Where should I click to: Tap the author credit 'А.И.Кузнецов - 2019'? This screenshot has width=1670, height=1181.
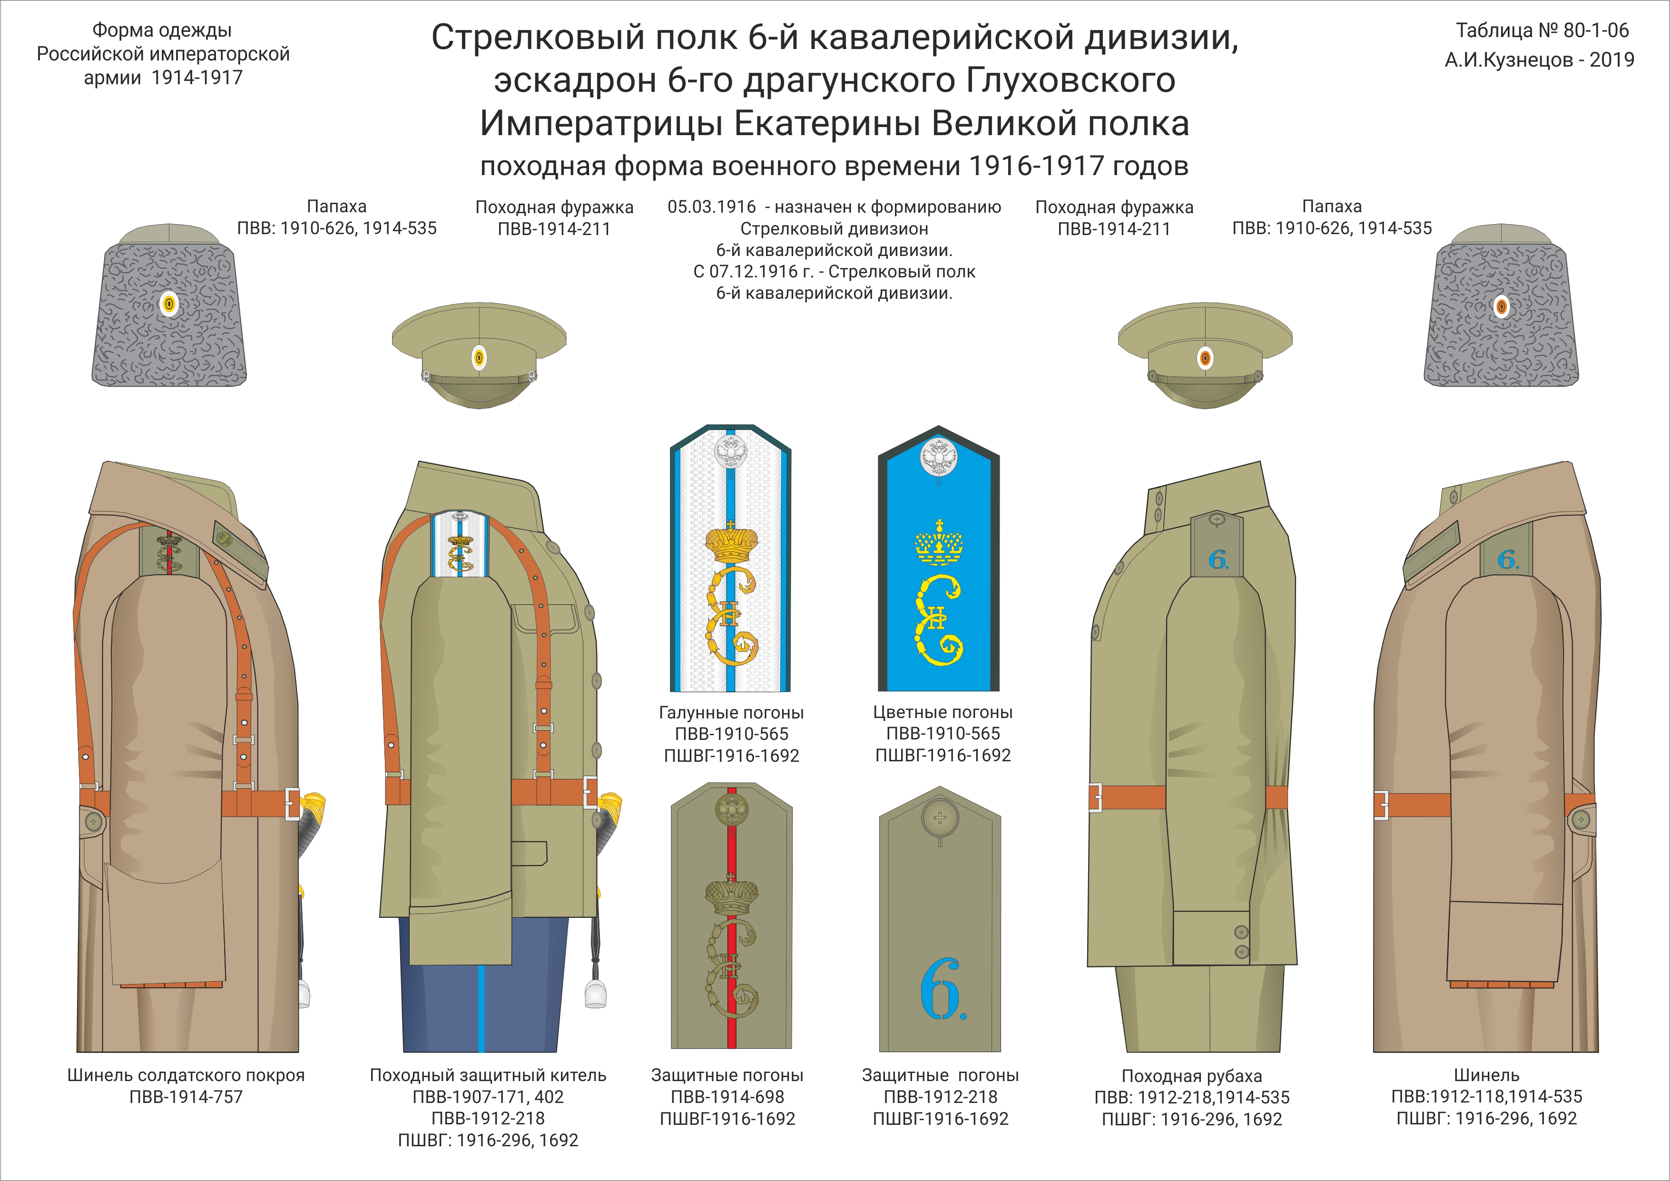(1539, 59)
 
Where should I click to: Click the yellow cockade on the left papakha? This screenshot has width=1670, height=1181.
(169, 305)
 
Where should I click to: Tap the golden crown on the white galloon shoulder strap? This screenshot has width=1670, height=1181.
(731, 542)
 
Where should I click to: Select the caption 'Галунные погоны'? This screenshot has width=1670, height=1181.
(731, 713)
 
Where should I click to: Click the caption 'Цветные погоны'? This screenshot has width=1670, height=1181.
(943, 713)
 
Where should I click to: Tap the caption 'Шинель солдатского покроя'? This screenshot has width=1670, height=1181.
(186, 1075)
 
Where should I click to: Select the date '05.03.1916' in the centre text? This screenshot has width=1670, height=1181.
(711, 207)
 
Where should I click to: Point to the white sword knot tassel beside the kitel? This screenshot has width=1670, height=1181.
(595, 994)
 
